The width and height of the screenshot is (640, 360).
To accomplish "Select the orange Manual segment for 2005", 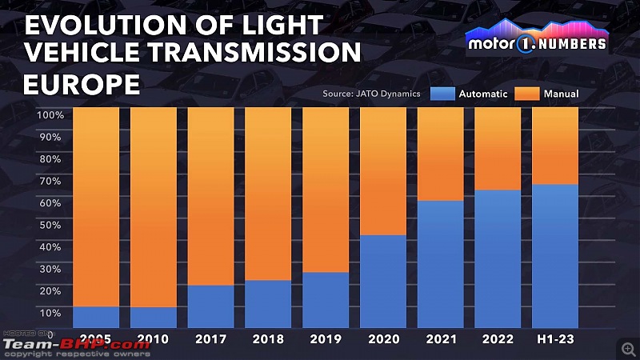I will pos(96,206).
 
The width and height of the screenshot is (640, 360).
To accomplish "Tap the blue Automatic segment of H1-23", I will pos(555,256).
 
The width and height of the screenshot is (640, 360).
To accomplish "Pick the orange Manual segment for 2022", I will pos(498,149).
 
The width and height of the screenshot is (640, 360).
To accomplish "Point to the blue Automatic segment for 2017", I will pos(210,306).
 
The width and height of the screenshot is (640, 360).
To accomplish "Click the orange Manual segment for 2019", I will pos(326,190).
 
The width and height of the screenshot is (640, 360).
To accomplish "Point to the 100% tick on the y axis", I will pos(50,115).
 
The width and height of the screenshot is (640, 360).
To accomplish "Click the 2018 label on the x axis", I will pos(268,339).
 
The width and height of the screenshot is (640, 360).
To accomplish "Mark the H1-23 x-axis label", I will pos(555,339).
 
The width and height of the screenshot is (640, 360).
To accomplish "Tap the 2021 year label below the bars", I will pos(440,339).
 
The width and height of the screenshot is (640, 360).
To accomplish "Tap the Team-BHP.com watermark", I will pos(76,345).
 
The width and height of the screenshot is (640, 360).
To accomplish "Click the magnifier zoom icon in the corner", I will pos(628,348).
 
